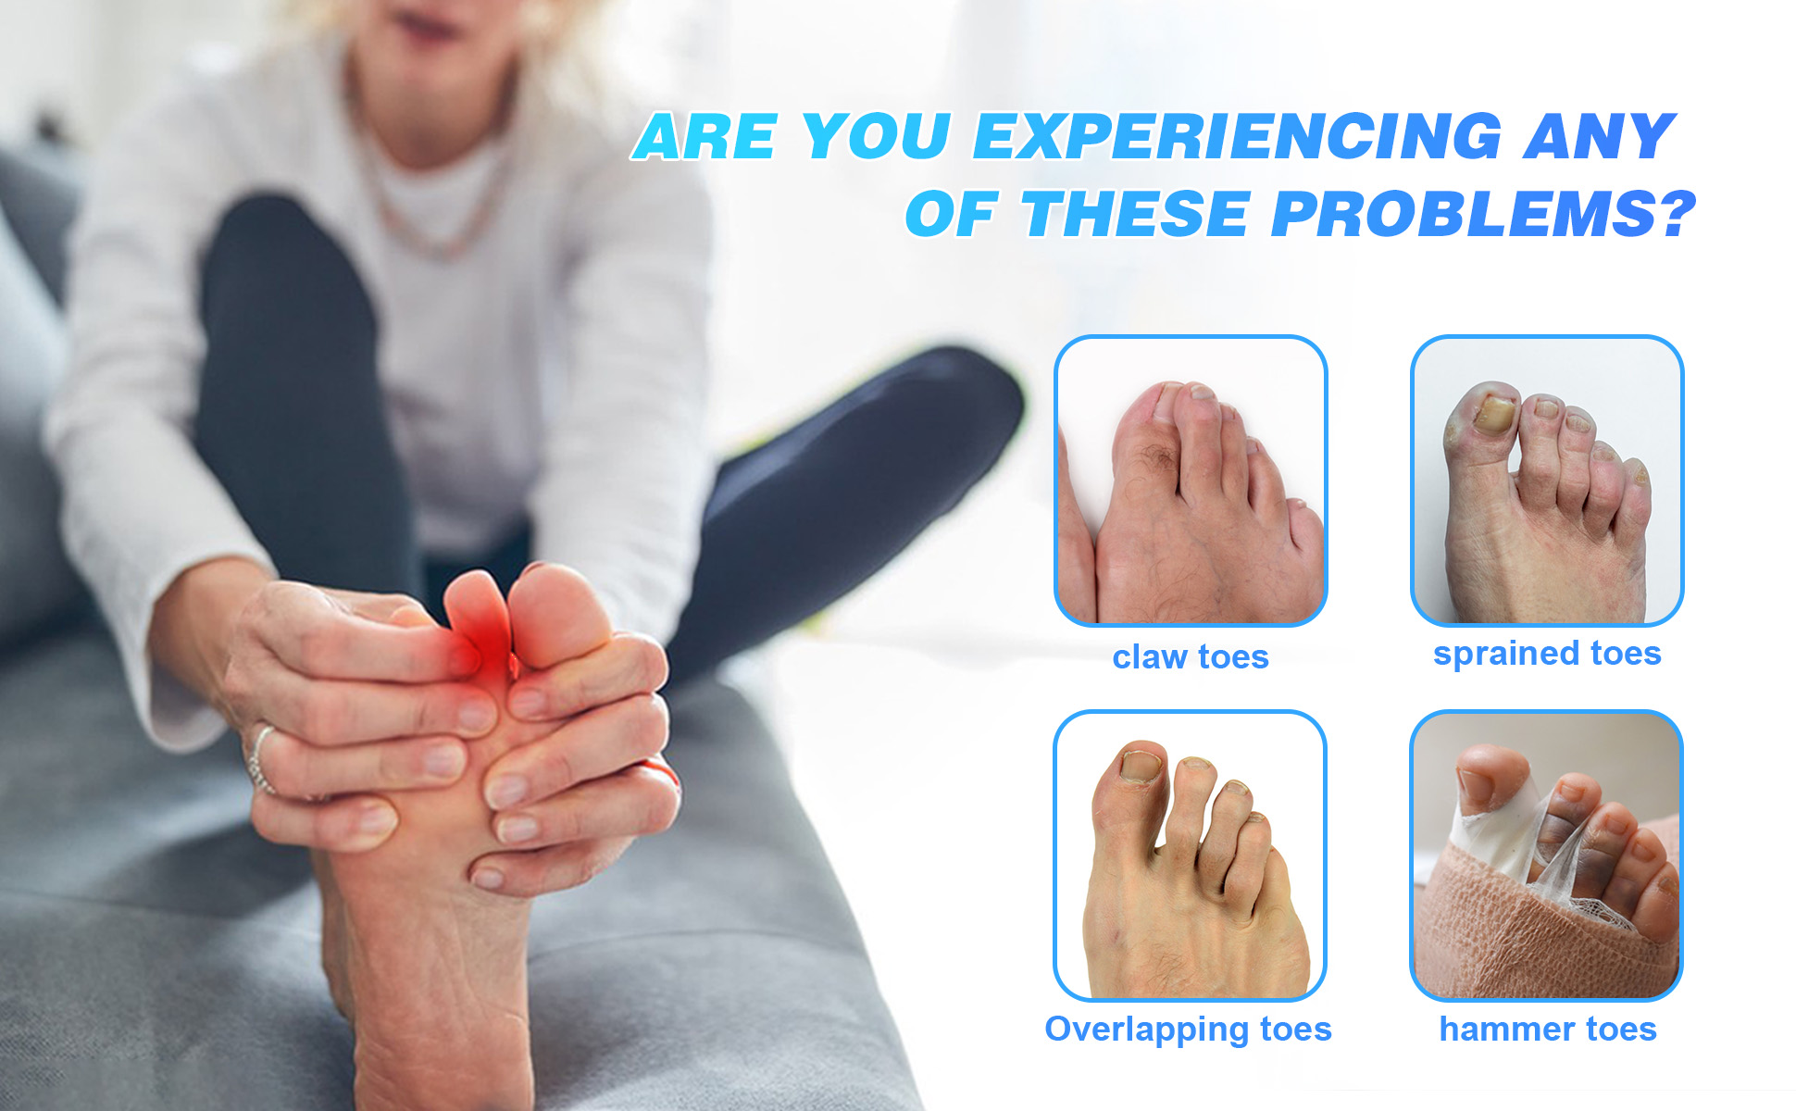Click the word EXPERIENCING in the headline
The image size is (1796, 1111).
point(1237,137)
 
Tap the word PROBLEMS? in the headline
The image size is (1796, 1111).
point(1482,214)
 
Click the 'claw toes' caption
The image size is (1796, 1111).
point(1191,656)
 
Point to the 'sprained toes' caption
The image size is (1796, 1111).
point(1547,654)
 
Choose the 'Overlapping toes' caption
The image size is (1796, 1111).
point(1188,1030)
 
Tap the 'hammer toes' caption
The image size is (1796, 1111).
point(1548,1029)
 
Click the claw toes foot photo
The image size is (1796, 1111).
point(1191,481)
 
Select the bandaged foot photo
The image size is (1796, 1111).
point(1546,855)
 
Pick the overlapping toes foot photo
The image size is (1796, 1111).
point(1190,855)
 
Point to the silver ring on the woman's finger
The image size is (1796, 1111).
point(260,759)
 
